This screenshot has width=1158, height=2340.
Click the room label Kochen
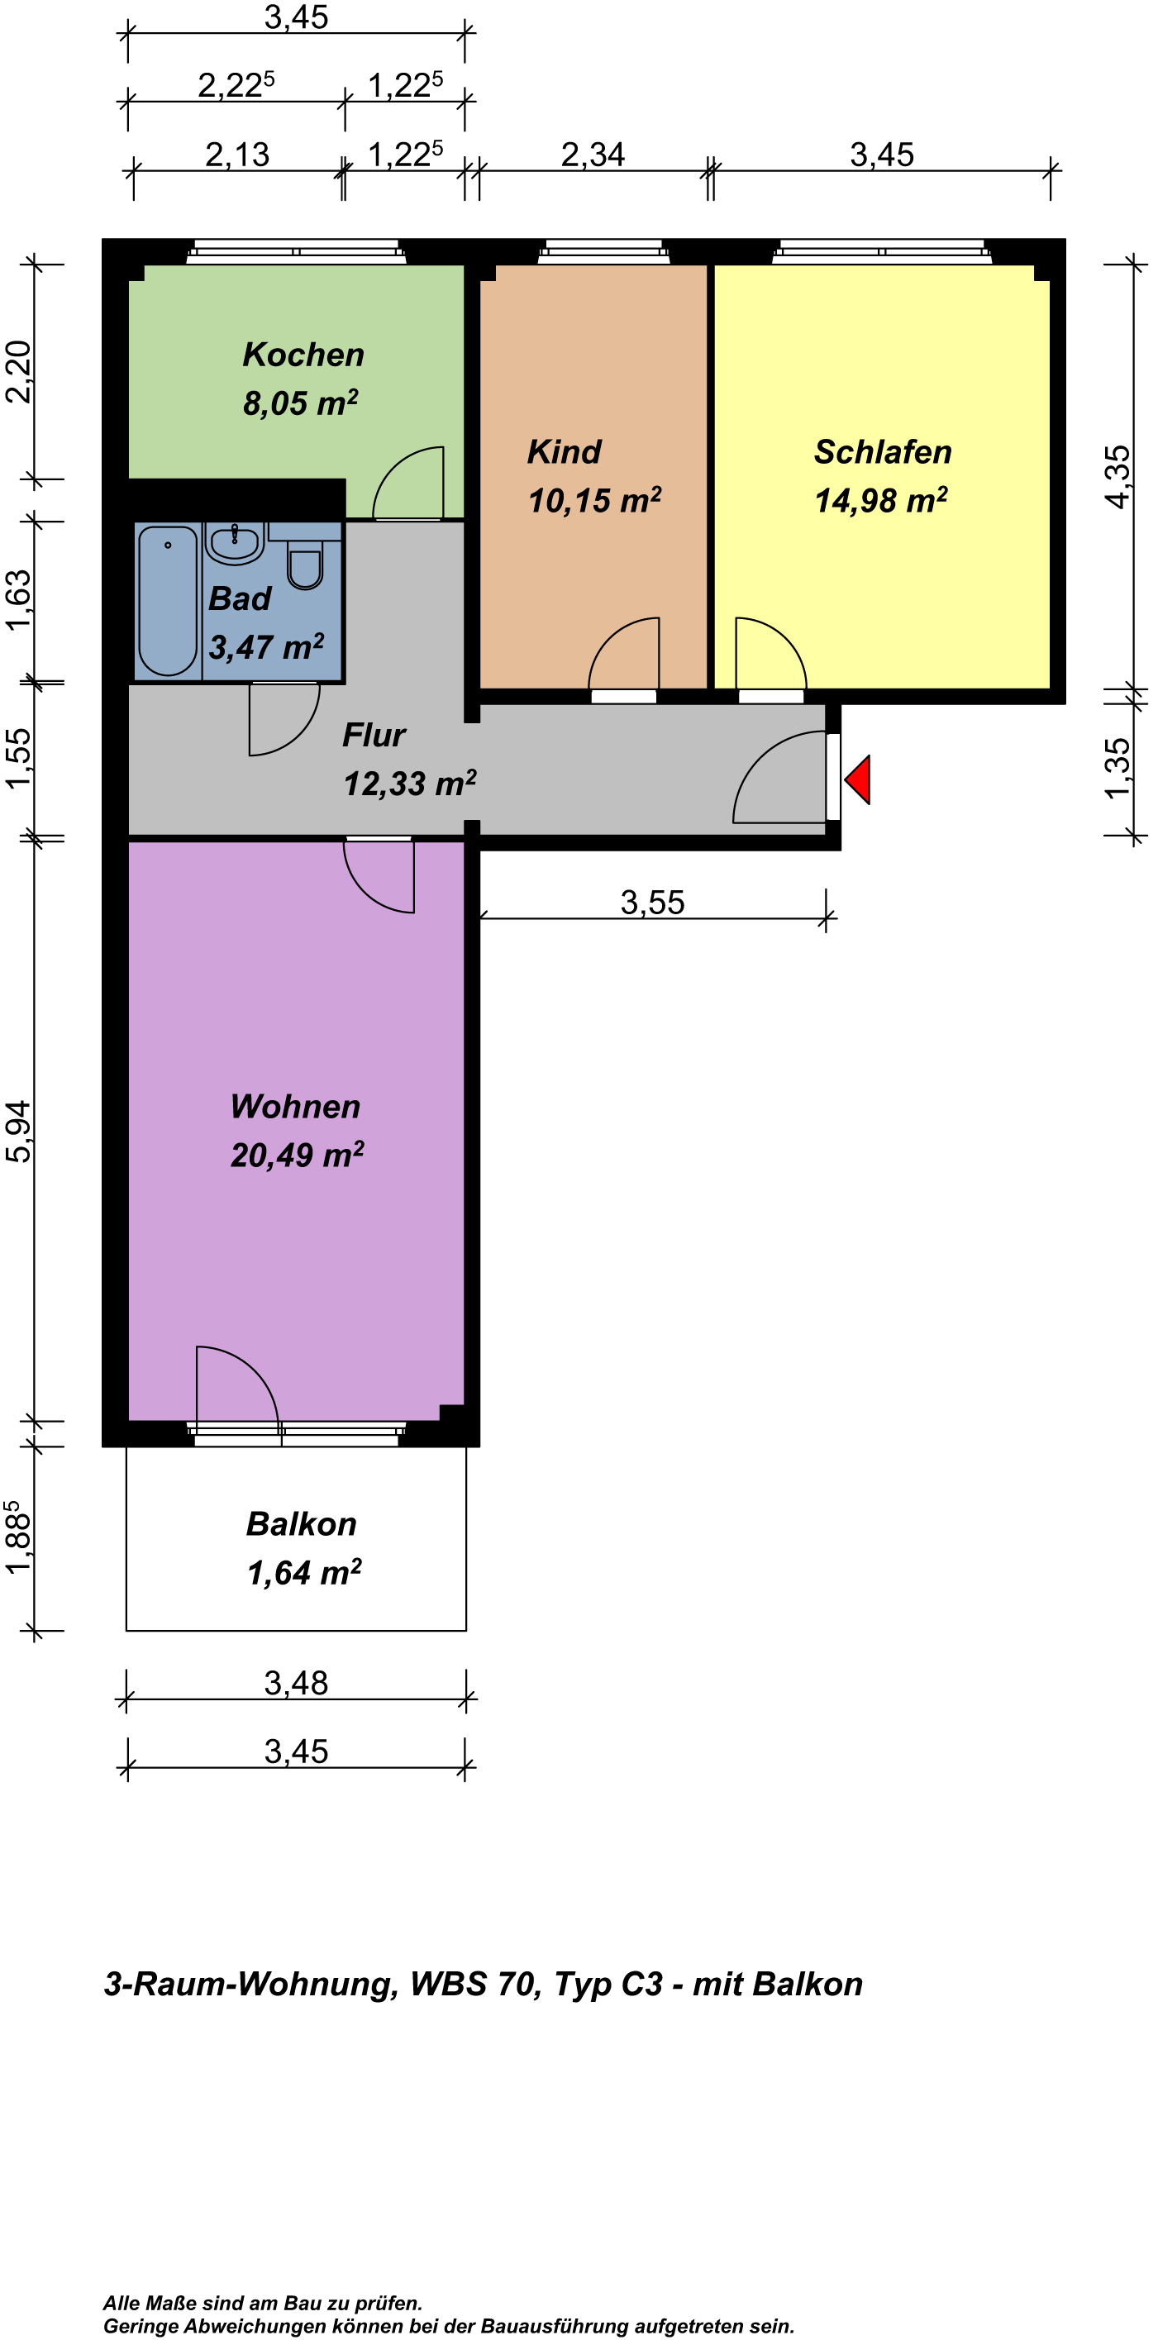(303, 355)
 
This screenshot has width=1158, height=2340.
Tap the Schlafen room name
(883, 451)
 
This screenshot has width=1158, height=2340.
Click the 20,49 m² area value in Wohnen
(297, 1155)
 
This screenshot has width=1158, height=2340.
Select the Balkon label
(302, 1523)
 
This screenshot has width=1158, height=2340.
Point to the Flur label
(374, 735)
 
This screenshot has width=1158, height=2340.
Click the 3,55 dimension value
(652, 902)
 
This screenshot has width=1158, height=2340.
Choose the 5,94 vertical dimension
(18, 1131)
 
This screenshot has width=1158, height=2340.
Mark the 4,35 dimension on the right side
(1118, 477)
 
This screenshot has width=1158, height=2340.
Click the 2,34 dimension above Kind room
(593, 155)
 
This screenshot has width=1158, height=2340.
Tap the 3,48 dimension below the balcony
(296, 1683)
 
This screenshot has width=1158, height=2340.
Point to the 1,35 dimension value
(1118, 769)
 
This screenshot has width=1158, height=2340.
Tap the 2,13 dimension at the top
(237, 155)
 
